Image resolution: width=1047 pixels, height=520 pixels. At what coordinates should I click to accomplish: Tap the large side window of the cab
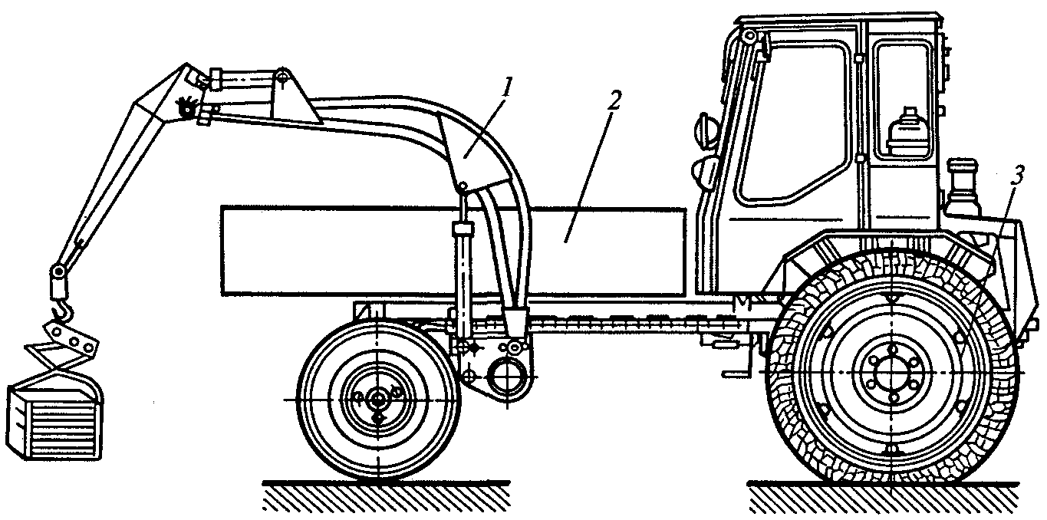[x=790, y=123]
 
